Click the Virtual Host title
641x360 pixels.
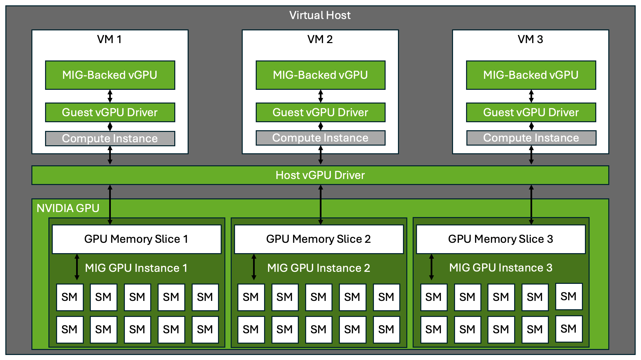tap(320, 15)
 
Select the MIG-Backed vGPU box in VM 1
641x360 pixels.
tap(110, 75)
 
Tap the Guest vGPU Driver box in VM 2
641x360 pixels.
tap(320, 113)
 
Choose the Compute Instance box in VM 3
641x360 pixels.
tap(531, 138)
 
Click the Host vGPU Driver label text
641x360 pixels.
tap(320, 175)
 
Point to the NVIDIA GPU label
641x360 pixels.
tap(68, 208)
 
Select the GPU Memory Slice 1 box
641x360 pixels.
tap(136, 239)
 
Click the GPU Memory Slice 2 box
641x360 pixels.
tap(318, 239)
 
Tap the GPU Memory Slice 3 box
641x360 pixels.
tap(500, 239)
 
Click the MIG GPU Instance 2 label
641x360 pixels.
tap(318, 268)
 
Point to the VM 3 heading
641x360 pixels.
tap(530, 39)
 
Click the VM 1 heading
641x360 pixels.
tap(110, 39)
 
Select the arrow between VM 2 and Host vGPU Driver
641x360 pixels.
tap(320, 155)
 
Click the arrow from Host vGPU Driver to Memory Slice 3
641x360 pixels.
tap(531, 204)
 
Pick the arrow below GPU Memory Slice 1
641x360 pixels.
tap(77, 267)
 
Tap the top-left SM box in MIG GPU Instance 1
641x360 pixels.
tap(69, 297)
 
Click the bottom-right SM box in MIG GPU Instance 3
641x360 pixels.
tap(569, 329)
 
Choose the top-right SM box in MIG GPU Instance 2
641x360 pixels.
tap(386, 297)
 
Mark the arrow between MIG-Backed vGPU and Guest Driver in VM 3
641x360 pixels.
tap(531, 96)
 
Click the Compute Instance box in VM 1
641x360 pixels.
tap(110, 139)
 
